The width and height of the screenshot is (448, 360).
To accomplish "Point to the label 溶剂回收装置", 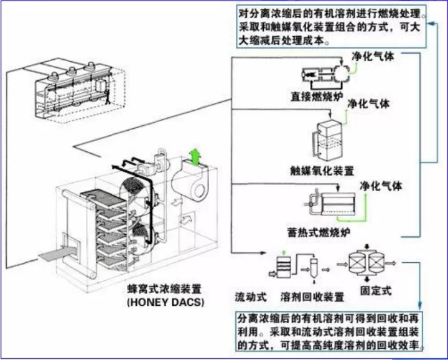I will tap(313, 295).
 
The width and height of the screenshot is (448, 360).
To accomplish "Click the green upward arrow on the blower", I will tap(197, 156).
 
